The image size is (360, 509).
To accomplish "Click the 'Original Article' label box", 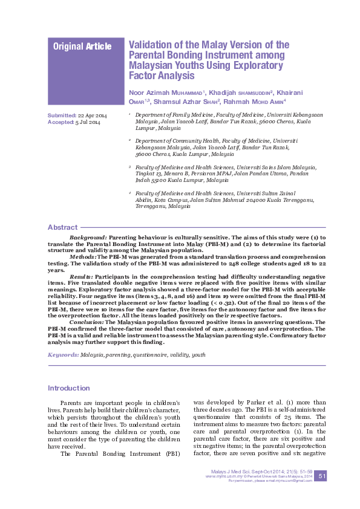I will pos(82,47).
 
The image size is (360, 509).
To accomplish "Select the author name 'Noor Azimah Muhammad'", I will pos(166,92).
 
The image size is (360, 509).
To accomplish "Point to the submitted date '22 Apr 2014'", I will pos(93,115).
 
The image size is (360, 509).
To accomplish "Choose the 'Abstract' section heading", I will pos(62,227).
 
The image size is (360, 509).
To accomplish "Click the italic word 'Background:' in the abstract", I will pos(88,238).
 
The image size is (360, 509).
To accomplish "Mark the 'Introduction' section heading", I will pos(69,388).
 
